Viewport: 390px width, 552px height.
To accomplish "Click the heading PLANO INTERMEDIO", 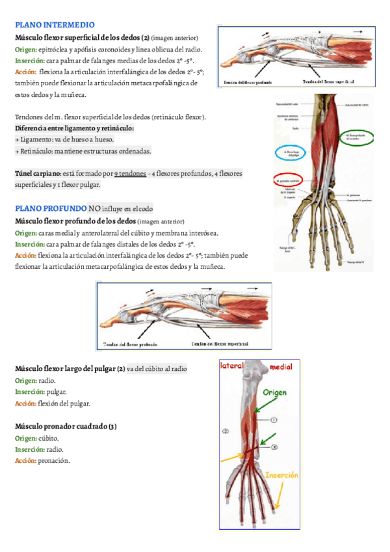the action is pos(55,25).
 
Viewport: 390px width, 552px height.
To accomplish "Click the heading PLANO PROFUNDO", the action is pos(50,209).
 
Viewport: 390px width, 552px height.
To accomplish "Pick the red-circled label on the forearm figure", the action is pos(289,180).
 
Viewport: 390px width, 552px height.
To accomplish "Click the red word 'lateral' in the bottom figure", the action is pos(231,366).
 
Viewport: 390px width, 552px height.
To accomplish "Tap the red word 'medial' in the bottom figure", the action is pos(281,366).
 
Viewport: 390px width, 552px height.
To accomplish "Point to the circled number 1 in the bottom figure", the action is pos(274,420).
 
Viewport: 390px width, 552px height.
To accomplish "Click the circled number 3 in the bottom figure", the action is pos(274,447).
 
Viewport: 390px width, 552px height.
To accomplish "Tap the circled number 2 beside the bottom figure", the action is pos(225,431).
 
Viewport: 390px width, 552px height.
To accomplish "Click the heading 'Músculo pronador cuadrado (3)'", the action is pos(66,426).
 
